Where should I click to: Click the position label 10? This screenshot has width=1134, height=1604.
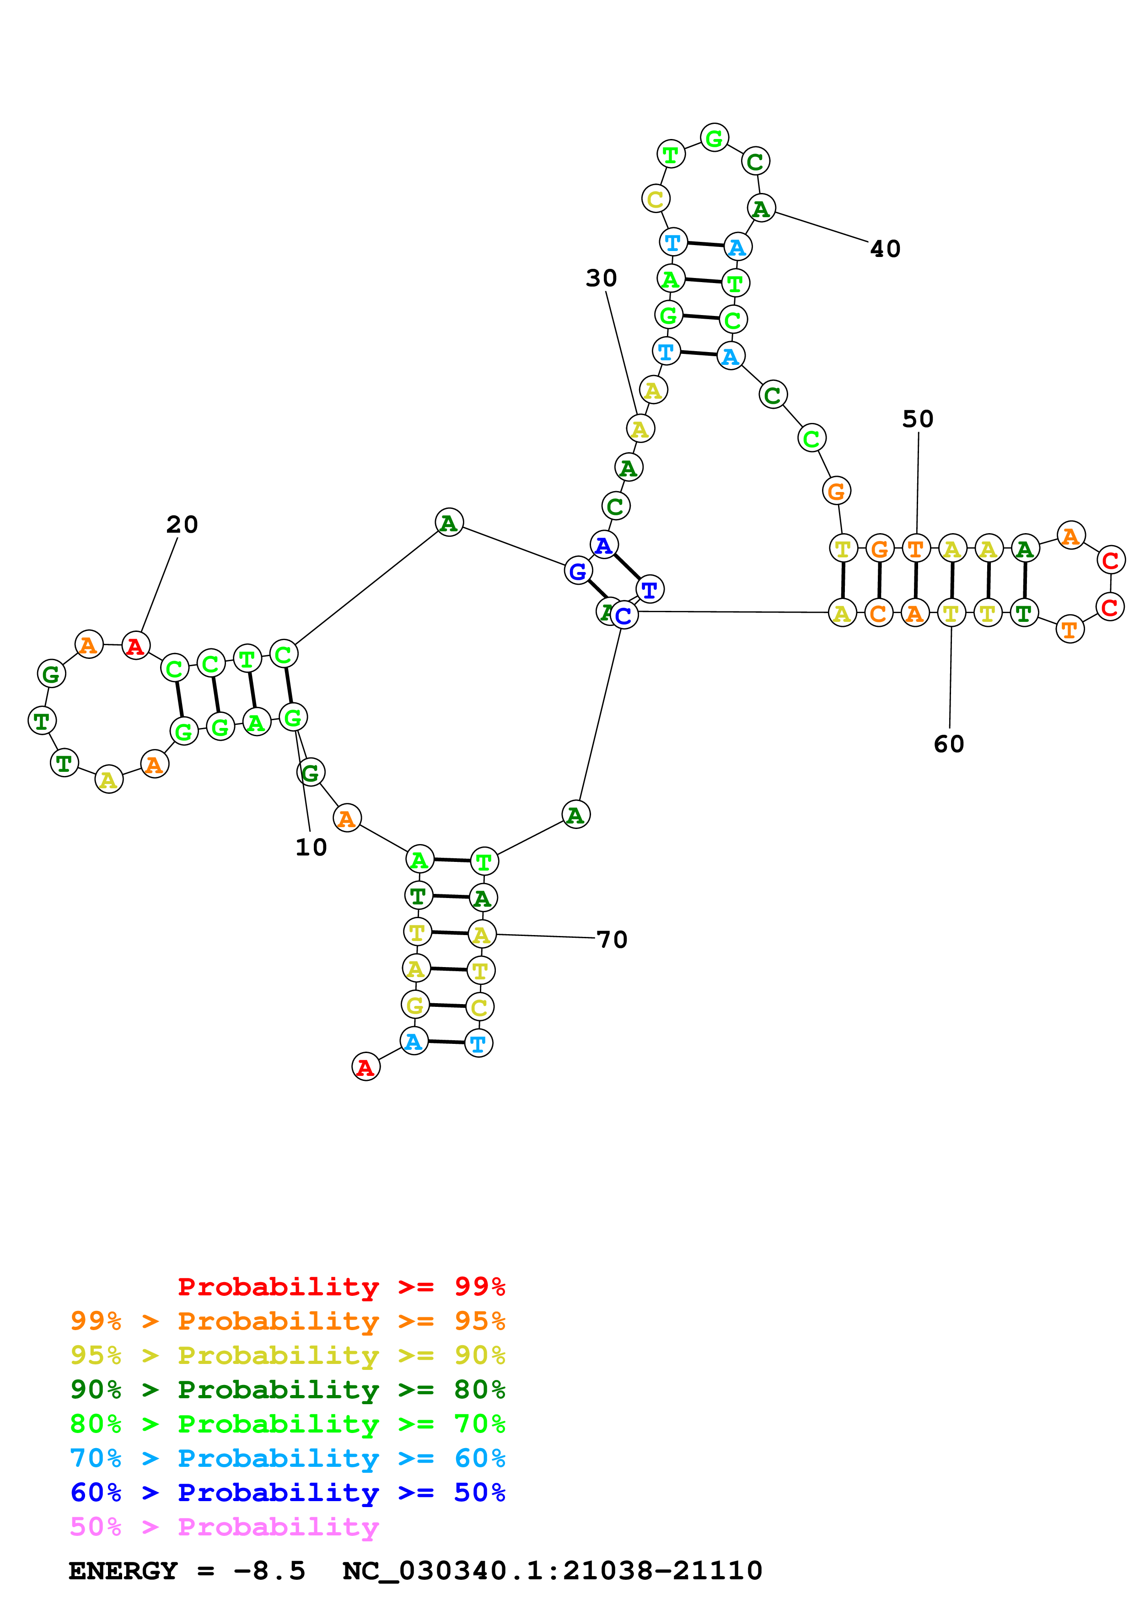pyautogui.click(x=311, y=847)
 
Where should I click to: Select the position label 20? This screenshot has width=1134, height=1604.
pyautogui.click(x=182, y=524)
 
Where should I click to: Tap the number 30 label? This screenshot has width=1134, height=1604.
pyautogui.click(x=601, y=279)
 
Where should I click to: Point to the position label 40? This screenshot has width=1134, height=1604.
pyautogui.click(x=885, y=249)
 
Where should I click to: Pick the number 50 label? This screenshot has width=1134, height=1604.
pyautogui.click(x=918, y=419)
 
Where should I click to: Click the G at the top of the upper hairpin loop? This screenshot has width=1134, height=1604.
pyautogui.click(x=714, y=139)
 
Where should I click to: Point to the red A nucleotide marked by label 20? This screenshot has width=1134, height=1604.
pyautogui.click(x=135, y=646)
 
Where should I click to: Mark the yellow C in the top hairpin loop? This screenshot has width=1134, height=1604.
pyautogui.click(x=656, y=199)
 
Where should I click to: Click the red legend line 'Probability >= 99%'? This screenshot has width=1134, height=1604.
pyautogui.click(x=341, y=1287)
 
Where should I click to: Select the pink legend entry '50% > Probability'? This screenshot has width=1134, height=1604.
pyautogui.click(x=224, y=1527)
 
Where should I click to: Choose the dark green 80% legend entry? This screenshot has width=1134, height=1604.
pyautogui.click(x=287, y=1390)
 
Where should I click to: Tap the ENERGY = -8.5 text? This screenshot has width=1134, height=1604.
pyautogui.click(x=187, y=1571)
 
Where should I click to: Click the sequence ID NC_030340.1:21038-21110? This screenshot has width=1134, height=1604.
pyautogui.click(x=552, y=1571)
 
